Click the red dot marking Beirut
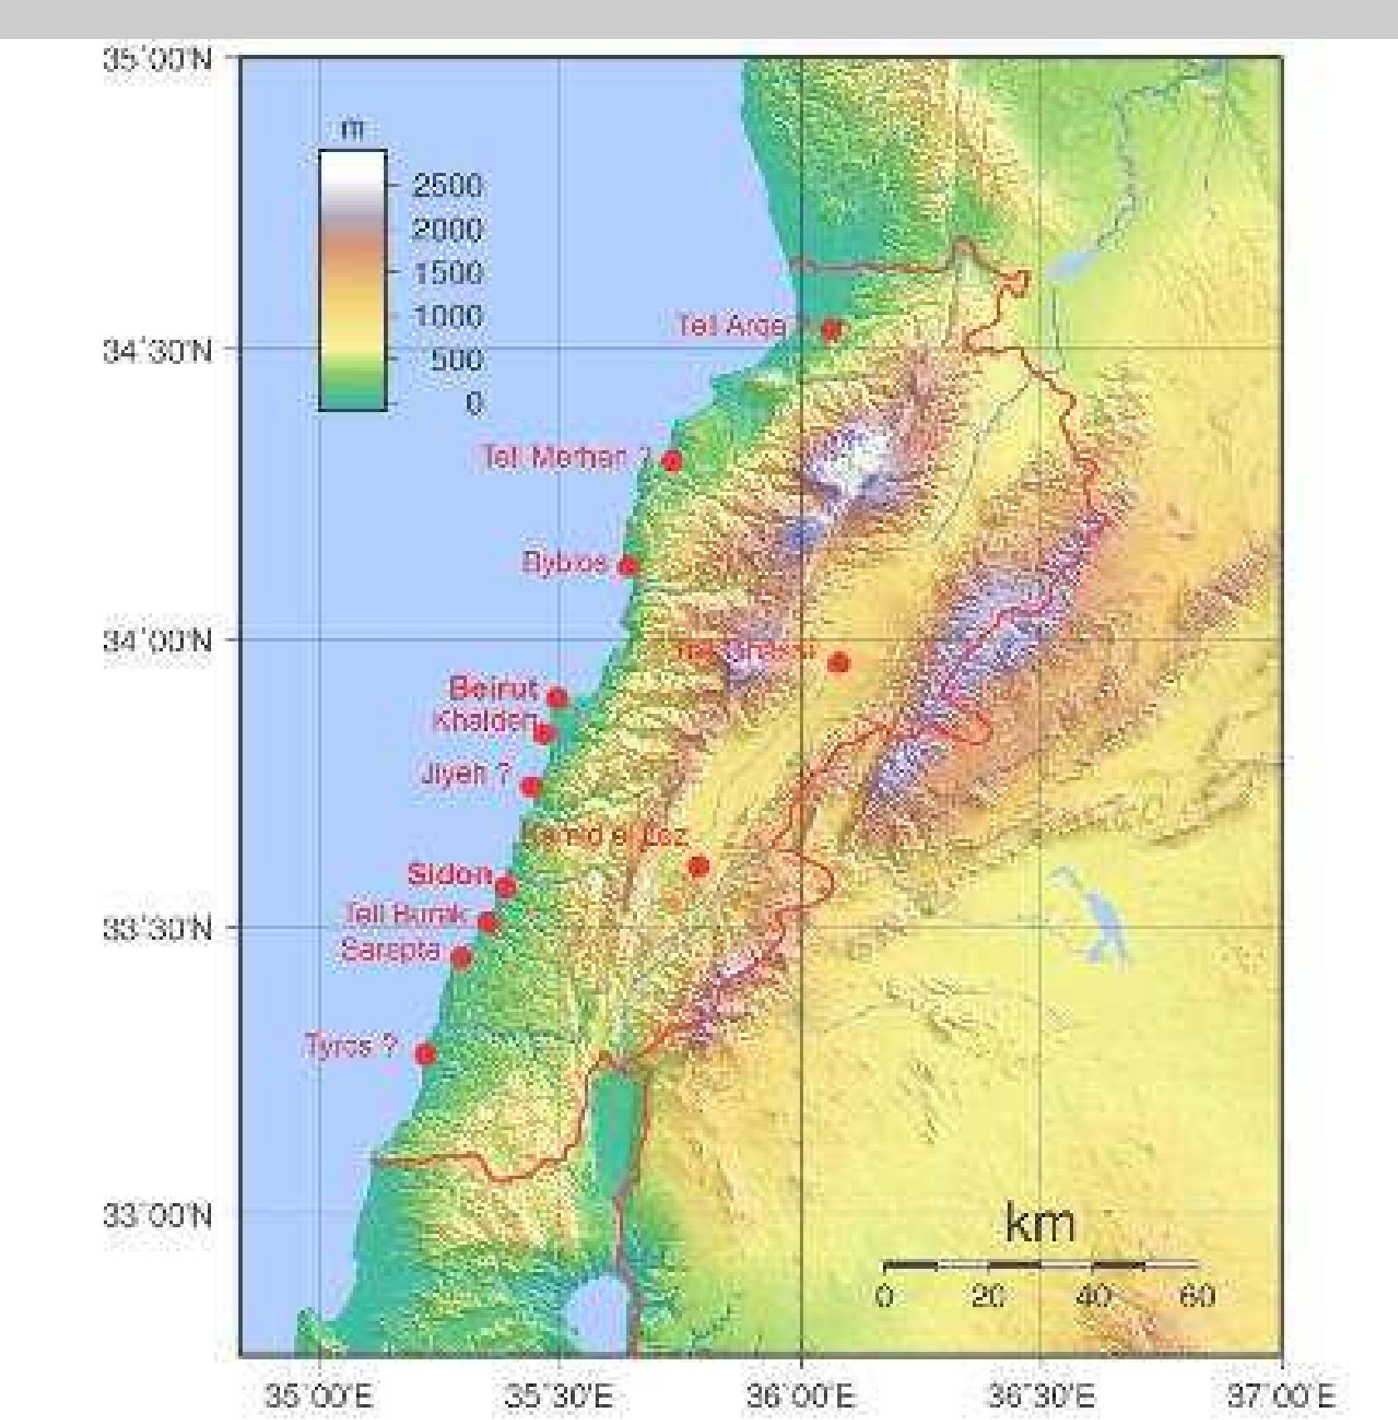[557, 697]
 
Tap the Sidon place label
[449, 874]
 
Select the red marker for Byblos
[629, 566]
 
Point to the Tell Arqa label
[731, 325]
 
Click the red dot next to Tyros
[425, 1054]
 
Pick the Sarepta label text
[390, 951]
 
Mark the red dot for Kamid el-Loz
[699, 867]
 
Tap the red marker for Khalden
[544, 733]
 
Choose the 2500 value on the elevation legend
[447, 185]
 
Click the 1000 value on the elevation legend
[447, 317]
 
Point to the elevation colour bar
[352, 280]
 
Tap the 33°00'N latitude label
[158, 1216]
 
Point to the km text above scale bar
[1039, 1224]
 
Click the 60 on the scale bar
[1197, 1296]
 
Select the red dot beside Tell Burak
[488, 922]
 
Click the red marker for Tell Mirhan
[672, 461]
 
